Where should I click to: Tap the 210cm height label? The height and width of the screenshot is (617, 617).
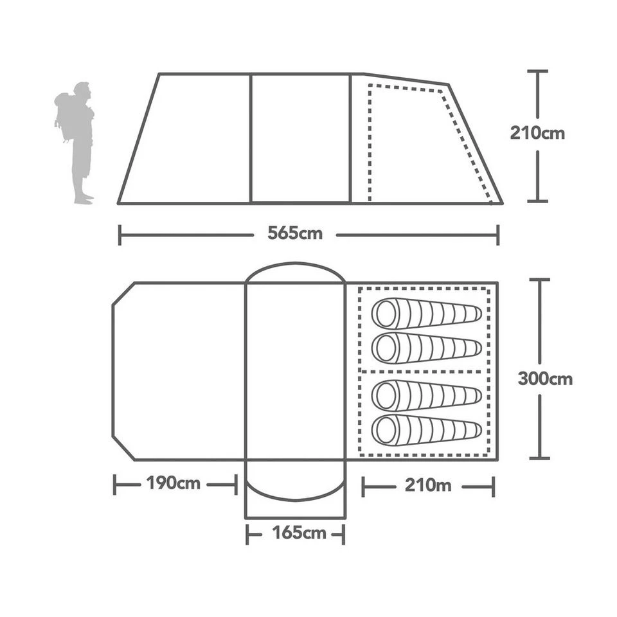click(x=537, y=134)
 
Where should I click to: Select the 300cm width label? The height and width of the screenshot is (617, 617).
click(x=544, y=379)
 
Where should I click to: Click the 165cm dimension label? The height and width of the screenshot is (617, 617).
click(x=295, y=533)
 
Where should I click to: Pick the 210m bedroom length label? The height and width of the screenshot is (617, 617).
click(x=427, y=485)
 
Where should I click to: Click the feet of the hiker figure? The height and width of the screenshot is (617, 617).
click(x=83, y=199)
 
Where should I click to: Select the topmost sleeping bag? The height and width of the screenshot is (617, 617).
click(x=426, y=314)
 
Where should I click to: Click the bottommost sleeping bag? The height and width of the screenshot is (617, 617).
click(x=426, y=430)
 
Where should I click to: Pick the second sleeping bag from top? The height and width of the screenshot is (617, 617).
click(x=426, y=348)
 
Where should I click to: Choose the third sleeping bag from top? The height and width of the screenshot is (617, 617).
click(x=426, y=395)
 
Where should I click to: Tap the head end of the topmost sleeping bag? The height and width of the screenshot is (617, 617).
click(x=386, y=314)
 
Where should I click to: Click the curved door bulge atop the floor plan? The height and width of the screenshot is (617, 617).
click(x=295, y=271)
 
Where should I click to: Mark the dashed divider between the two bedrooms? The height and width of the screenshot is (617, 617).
click(x=424, y=371)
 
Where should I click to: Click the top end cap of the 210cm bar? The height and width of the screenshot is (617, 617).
click(x=537, y=71)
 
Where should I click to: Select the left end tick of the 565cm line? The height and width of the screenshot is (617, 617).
click(x=120, y=235)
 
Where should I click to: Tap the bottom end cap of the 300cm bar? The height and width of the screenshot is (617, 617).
click(x=539, y=458)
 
